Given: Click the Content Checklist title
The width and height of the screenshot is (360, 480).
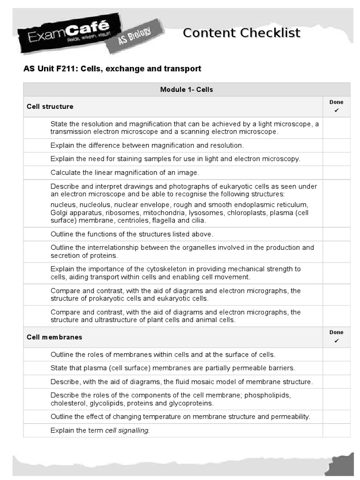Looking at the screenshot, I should (241, 33).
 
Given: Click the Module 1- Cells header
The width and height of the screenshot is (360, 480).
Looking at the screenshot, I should (187, 90).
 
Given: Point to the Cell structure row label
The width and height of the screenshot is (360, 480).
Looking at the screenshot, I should (50, 106).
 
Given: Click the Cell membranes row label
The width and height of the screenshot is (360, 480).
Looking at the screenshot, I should (54, 337).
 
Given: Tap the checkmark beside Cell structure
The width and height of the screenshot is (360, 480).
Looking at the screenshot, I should (336, 111).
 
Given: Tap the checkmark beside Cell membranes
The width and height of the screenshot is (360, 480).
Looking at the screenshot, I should (336, 341).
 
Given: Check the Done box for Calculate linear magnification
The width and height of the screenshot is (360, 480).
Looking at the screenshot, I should (336, 172).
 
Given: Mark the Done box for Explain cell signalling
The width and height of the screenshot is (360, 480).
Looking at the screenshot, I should (336, 430).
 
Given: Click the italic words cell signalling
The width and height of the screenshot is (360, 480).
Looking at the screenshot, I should (127, 430).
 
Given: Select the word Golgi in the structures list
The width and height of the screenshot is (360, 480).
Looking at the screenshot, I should (60, 213).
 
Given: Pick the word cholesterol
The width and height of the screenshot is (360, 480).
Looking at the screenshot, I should (67, 403).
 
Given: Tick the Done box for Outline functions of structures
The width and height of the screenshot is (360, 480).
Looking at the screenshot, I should (336, 234).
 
